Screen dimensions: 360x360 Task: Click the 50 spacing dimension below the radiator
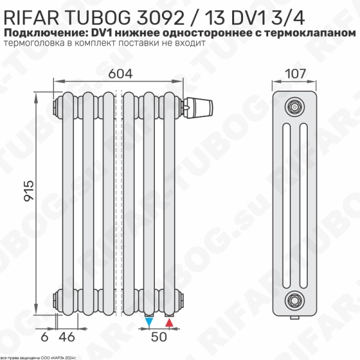pos(158,337)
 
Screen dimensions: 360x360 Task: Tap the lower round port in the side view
pos(293,298)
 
